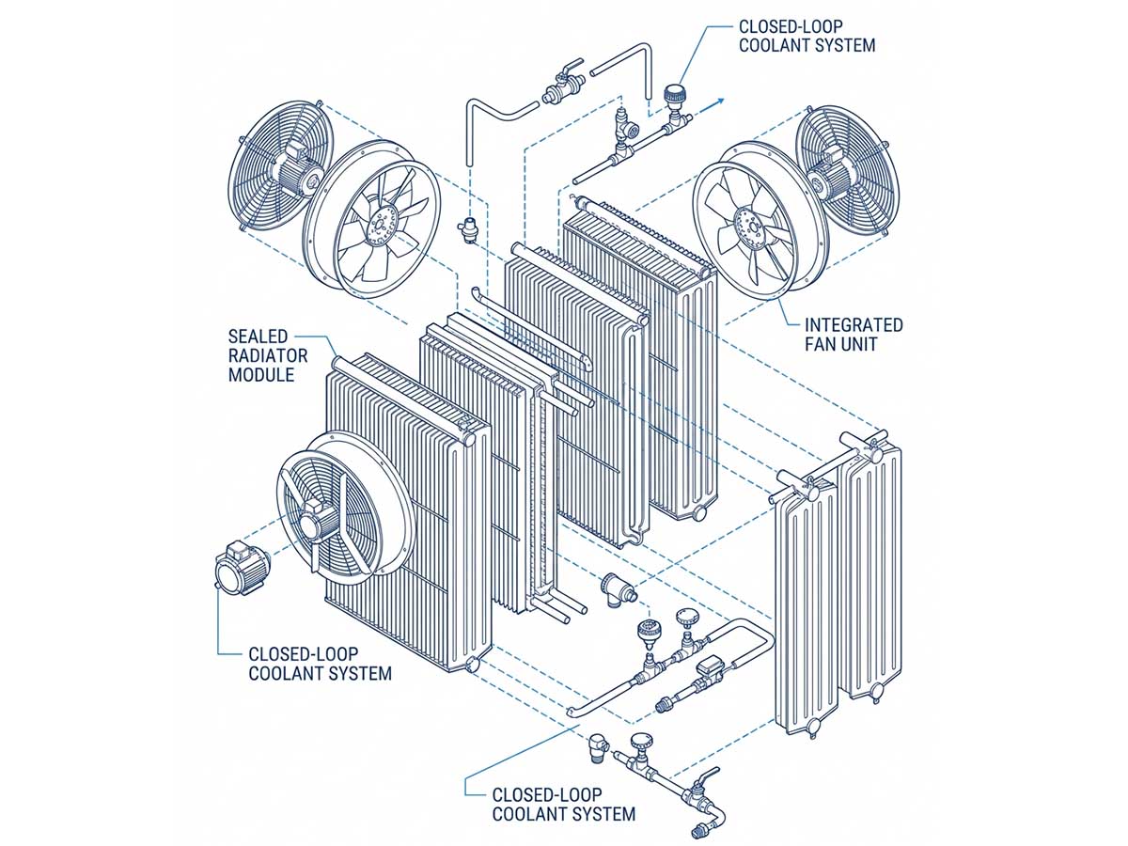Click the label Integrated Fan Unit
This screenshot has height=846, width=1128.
point(854,335)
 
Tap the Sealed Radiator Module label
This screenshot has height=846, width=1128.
point(268,355)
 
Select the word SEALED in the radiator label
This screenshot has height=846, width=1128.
point(258,337)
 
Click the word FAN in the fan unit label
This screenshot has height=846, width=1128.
point(822,344)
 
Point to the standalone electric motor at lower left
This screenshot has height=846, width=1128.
point(241,569)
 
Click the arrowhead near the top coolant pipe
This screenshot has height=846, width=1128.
point(719,101)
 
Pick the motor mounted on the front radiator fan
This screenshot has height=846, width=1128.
point(319,519)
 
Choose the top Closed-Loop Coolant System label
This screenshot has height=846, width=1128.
point(807,36)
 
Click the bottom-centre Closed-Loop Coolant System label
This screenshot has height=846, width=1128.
point(564,805)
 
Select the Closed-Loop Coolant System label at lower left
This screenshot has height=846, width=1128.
point(320,664)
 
